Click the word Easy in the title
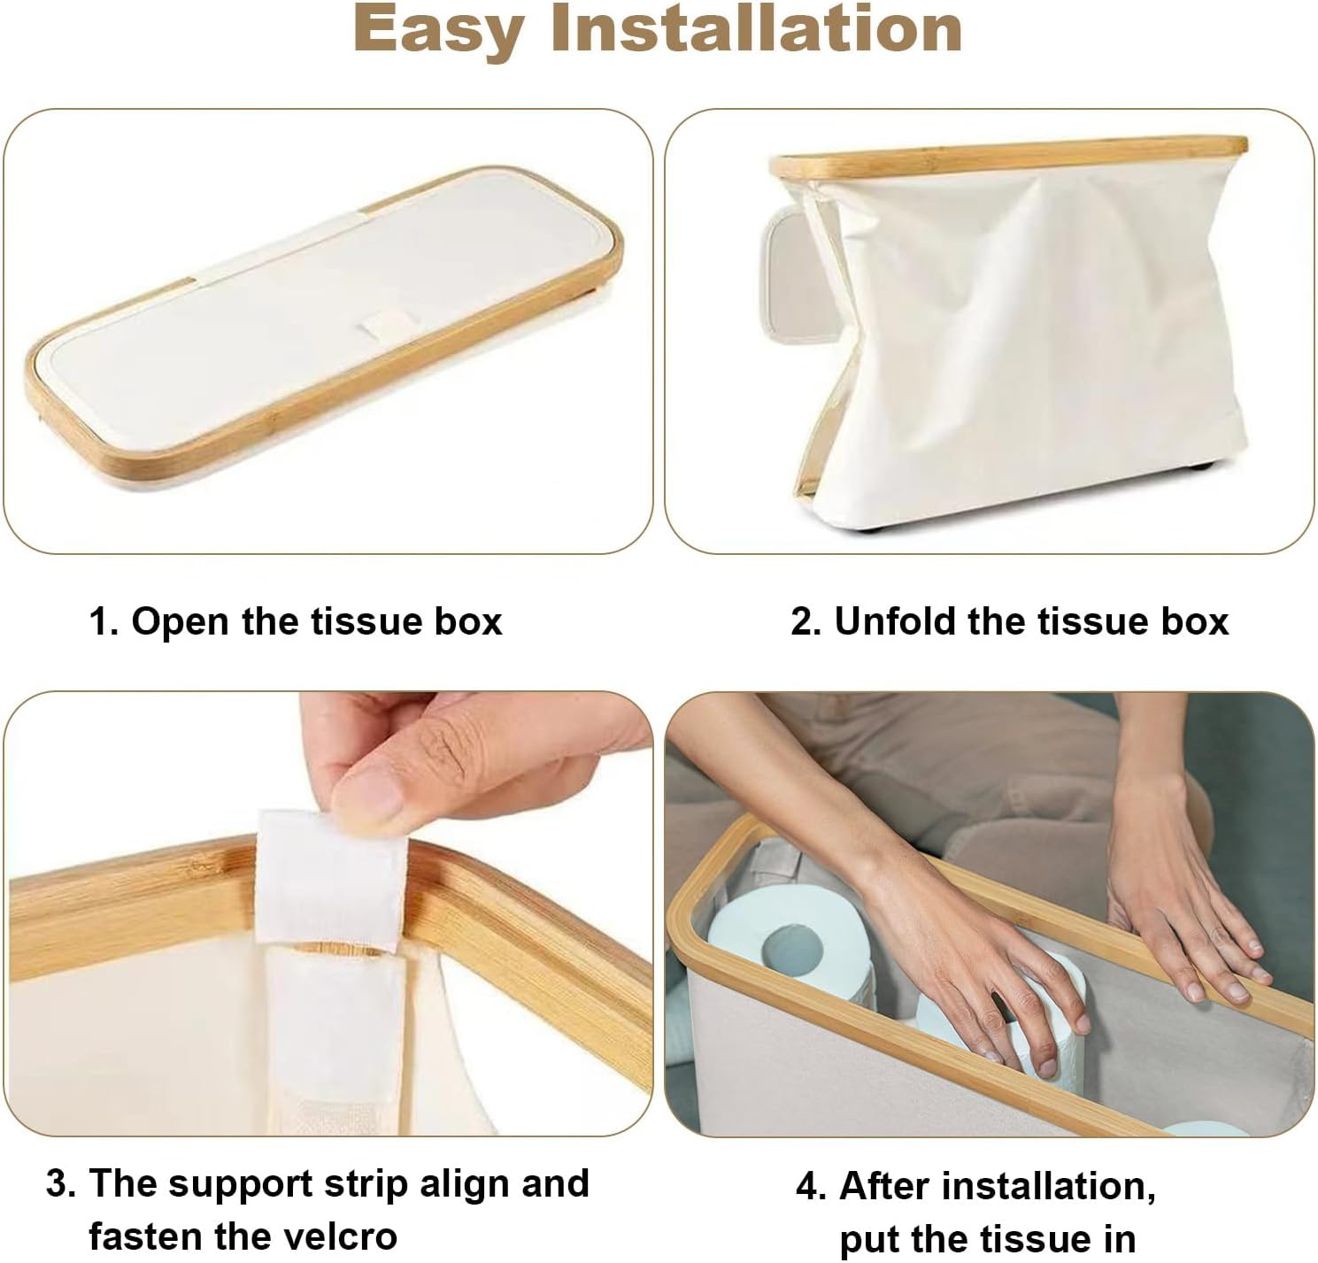point(439,30)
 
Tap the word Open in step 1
point(181,621)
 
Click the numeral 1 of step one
point(100,621)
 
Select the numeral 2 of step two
point(804,621)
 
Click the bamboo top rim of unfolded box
point(1009,158)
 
